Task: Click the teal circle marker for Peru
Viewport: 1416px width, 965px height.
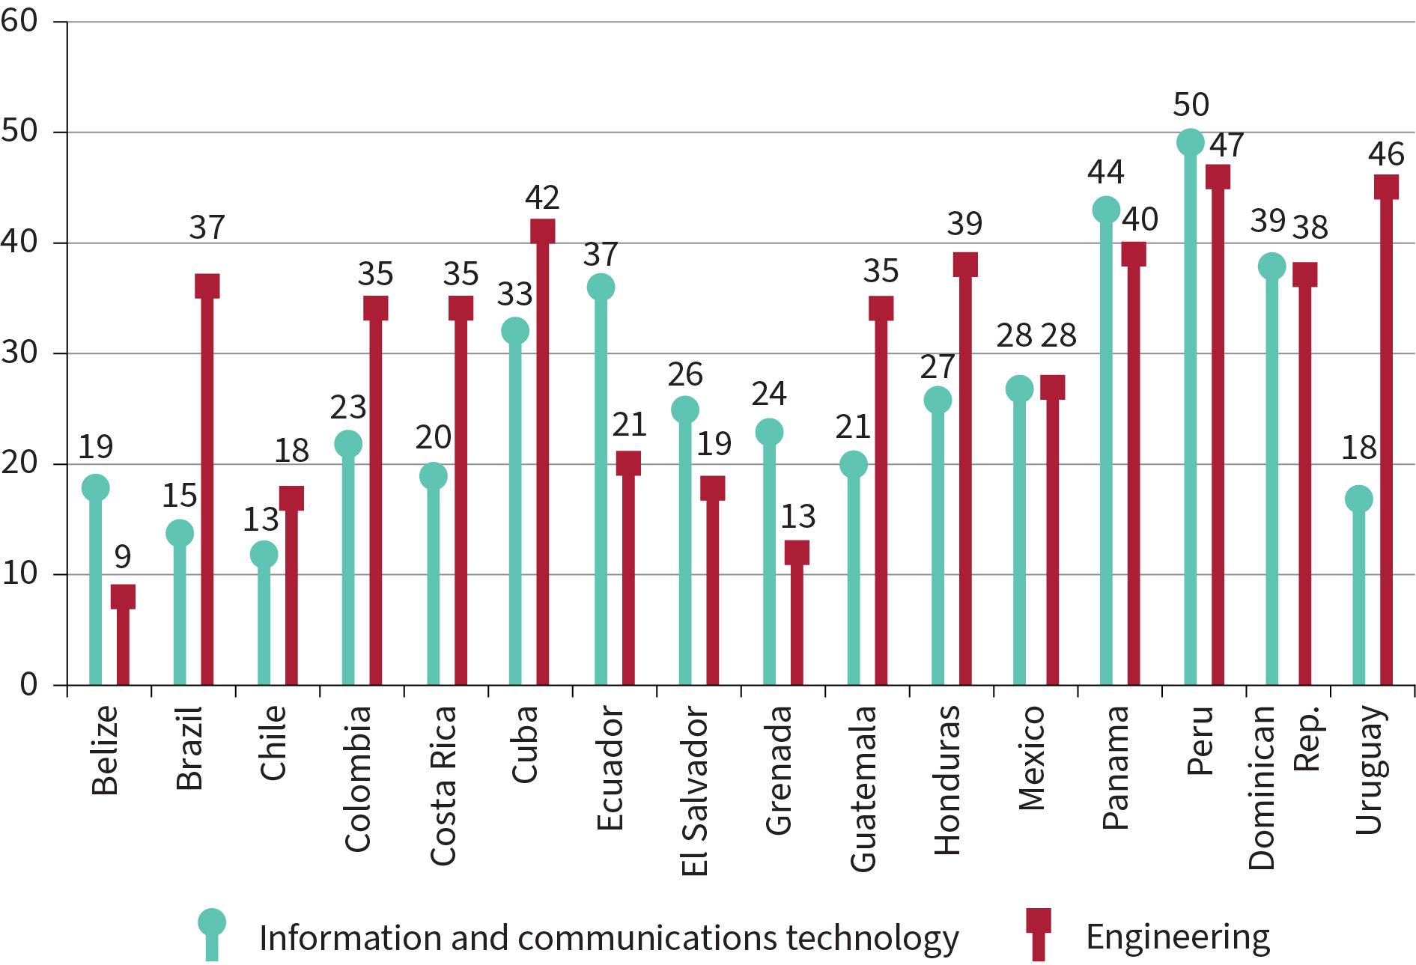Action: (x=1190, y=142)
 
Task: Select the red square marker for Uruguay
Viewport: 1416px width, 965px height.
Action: (x=1386, y=186)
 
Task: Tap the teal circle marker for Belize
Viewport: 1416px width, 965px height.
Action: (x=95, y=487)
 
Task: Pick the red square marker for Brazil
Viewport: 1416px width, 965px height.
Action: (x=207, y=286)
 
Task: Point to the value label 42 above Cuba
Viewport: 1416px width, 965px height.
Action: (x=541, y=198)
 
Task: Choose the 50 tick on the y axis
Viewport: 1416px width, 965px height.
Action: (x=20, y=132)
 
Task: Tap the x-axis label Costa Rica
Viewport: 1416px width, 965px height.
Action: (x=443, y=785)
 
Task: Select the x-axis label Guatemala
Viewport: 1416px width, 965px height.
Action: (x=863, y=788)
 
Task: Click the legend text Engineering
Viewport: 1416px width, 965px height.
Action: (x=1178, y=937)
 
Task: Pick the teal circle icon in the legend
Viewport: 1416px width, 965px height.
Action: (x=212, y=922)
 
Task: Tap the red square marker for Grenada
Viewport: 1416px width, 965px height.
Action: (x=796, y=552)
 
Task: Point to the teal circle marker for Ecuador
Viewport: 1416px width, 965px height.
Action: (x=601, y=287)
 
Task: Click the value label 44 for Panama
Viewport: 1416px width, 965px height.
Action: (x=1106, y=172)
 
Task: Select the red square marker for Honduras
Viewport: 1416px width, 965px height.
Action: (x=964, y=264)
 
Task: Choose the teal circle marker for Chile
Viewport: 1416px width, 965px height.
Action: (x=264, y=554)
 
